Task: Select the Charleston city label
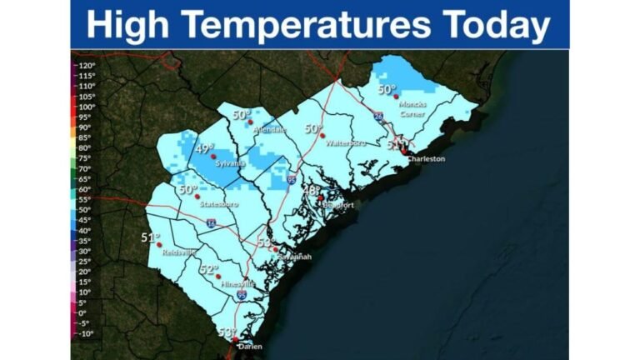click(x=425, y=158)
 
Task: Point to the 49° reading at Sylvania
click(x=204, y=149)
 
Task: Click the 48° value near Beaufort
click(x=311, y=191)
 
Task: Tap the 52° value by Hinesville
click(x=208, y=269)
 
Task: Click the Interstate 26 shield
click(x=378, y=119)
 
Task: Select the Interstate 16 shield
click(x=211, y=224)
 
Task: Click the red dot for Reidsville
click(x=158, y=245)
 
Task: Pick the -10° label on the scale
click(x=86, y=333)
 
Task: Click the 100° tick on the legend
click(x=86, y=107)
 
